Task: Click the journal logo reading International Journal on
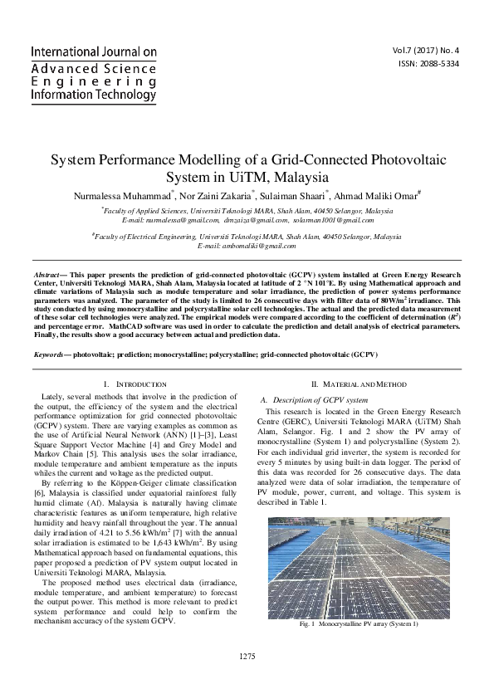point(93,51)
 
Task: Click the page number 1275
point(247,657)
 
